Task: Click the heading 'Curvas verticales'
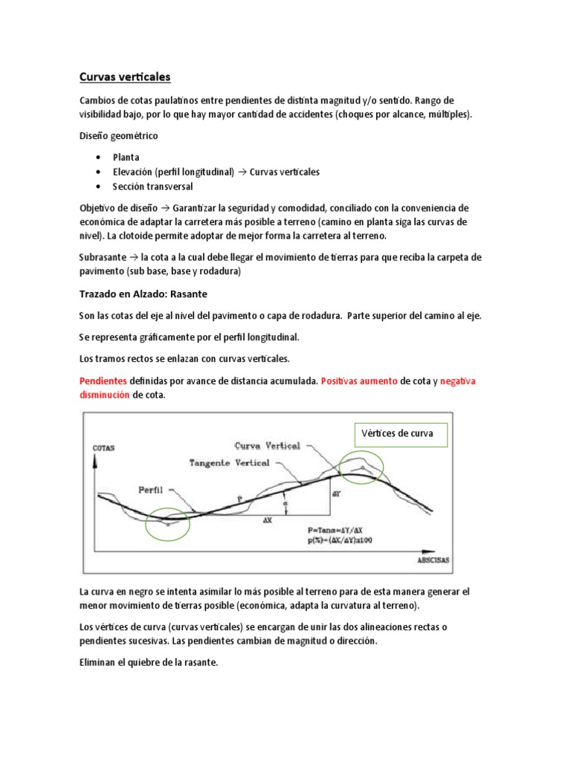(125, 77)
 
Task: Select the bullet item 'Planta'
(126, 158)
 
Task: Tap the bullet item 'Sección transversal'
(152, 186)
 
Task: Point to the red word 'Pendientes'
(103, 380)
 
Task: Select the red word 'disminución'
(104, 395)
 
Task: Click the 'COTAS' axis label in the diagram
(103, 449)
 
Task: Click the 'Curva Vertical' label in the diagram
(267, 446)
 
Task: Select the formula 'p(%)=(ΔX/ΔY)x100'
(339, 540)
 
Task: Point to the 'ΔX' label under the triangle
(268, 521)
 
